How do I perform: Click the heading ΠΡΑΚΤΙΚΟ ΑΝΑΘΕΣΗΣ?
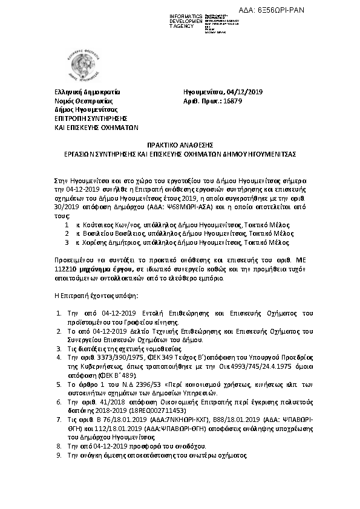180,146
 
